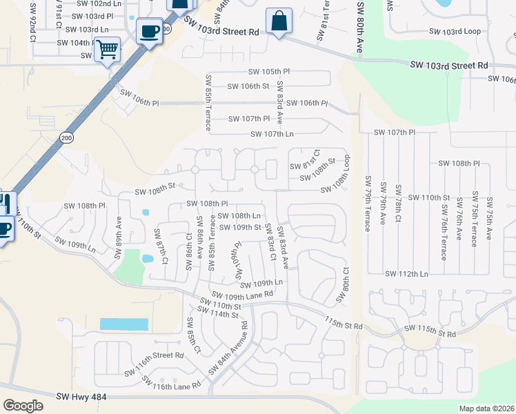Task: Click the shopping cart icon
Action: (x=107, y=50)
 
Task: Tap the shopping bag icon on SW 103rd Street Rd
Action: (x=279, y=21)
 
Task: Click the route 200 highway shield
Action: (x=66, y=137)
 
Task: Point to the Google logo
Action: (x=23, y=405)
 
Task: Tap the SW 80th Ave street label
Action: (x=360, y=28)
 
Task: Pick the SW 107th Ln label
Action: (x=272, y=134)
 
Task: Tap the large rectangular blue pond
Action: (x=124, y=324)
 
